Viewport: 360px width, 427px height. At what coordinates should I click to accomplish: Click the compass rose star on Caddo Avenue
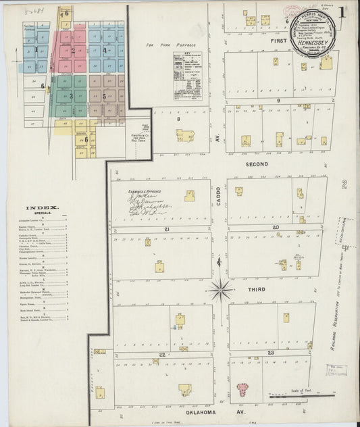[x=220, y=290]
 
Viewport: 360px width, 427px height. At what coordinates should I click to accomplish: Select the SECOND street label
[x=257, y=164]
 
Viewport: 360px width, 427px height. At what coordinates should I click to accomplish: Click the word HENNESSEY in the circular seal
[x=313, y=43]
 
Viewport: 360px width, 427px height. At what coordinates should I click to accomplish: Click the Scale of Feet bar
[x=321, y=393]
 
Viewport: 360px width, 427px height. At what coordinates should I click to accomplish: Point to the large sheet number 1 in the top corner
[x=343, y=11]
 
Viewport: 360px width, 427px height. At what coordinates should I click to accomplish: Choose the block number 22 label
[x=162, y=354]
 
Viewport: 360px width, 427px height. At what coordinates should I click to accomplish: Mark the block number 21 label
[x=165, y=230]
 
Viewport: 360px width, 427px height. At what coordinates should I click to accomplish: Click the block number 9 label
[x=278, y=100]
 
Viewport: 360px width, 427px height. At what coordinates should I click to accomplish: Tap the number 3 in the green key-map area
[x=70, y=96]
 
